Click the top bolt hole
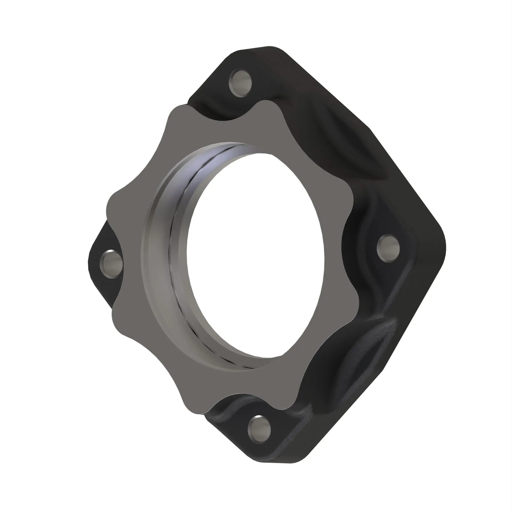click(240, 83)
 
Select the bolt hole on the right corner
click(388, 248)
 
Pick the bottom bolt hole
click(259, 430)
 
